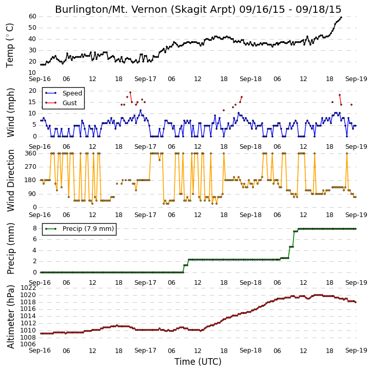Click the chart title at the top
pyautogui.click(x=198, y=9)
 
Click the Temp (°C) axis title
pyautogui.click(x=10, y=45)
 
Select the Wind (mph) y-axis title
pyautogui.click(x=11, y=112)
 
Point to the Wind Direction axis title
pyautogui.click(x=11, y=180)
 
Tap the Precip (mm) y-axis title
pyautogui.click(x=11, y=248)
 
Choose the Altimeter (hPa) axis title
pyautogui.click(x=11, y=317)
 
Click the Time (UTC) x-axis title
pyautogui.click(x=198, y=362)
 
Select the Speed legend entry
pyautogui.click(x=64, y=93)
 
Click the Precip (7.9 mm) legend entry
pyautogui.click(x=80, y=229)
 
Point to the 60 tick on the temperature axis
pyautogui.click(x=32, y=16)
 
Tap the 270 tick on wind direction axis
pyautogui.click(x=31, y=167)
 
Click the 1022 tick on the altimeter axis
pyautogui.click(x=28, y=288)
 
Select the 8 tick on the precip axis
pyautogui.click(x=35, y=228)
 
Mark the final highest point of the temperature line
pyautogui.click(x=341, y=17)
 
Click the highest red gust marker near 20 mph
pyautogui.click(x=130, y=92)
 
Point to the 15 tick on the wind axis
pyautogui.click(x=32, y=102)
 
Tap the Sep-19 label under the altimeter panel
pyautogui.click(x=356, y=350)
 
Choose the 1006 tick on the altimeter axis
pyautogui.click(x=28, y=344)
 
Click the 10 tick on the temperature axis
pyautogui.click(x=32, y=72)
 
